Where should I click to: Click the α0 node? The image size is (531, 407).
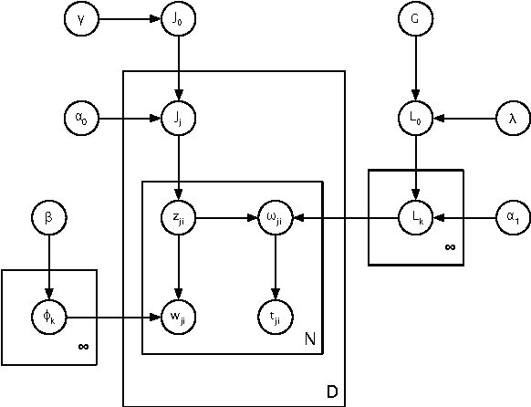(x=80, y=118)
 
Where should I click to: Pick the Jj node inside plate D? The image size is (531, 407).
(x=180, y=118)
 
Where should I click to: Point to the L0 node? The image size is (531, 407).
(x=415, y=118)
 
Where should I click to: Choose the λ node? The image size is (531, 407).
(x=511, y=118)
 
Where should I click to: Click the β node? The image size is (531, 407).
(x=48, y=218)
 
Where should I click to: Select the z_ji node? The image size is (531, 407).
(x=180, y=218)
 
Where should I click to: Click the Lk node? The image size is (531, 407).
(x=415, y=218)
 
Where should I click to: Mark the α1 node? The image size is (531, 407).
(x=511, y=218)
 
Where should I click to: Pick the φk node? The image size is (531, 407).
(x=48, y=318)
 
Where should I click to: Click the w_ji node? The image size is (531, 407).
(x=180, y=318)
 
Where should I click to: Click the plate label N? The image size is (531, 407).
(x=309, y=340)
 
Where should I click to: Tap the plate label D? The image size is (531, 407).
(x=332, y=392)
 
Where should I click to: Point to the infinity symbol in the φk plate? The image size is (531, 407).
(x=83, y=347)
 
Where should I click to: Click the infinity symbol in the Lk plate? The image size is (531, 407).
(x=449, y=247)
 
